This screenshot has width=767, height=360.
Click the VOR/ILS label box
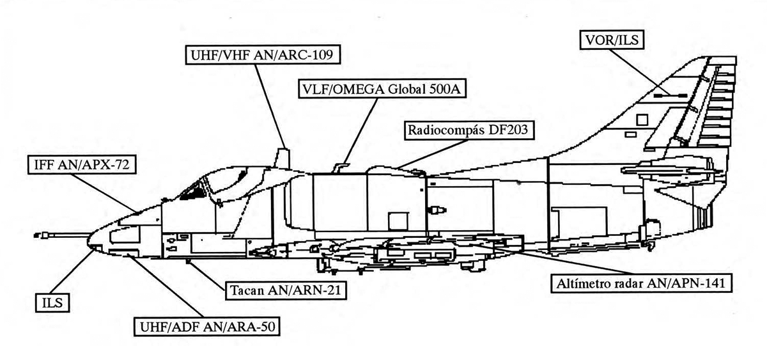[612, 40]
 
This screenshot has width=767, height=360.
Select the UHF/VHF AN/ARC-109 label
[263, 55]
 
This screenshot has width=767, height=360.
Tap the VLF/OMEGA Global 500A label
[382, 89]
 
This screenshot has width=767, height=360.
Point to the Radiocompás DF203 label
[469, 130]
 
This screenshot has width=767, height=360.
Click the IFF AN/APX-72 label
[82, 165]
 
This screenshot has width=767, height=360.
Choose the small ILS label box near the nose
[52, 303]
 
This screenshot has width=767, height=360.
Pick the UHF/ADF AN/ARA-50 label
[207, 327]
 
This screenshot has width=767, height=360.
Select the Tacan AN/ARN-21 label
[286, 290]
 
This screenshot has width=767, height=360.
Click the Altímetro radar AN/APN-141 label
[641, 283]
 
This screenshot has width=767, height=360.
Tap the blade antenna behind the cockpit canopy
[283, 158]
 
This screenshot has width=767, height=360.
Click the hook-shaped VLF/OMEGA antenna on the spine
[340, 168]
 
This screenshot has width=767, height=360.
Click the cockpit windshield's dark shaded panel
[192, 192]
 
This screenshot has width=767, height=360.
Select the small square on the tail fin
[642, 120]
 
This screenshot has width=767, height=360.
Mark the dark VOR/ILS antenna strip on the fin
[670, 95]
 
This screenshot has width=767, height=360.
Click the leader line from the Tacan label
[208, 276]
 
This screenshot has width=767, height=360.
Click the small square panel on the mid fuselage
[398, 221]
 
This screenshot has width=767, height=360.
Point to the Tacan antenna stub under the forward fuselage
[188, 262]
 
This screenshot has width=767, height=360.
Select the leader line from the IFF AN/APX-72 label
[105, 193]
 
